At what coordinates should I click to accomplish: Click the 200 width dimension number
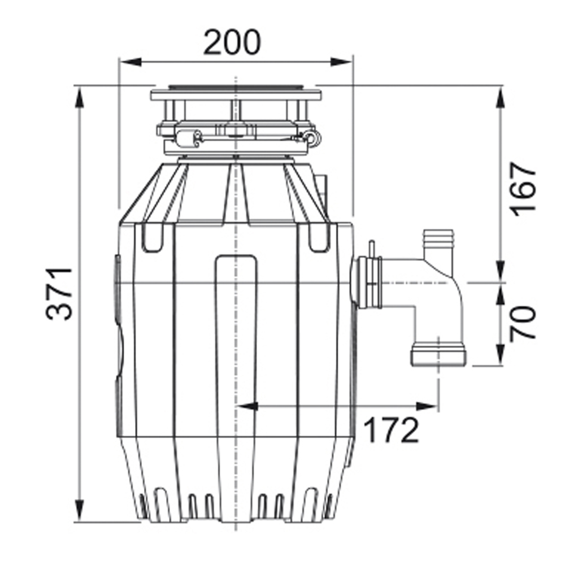coord(231,42)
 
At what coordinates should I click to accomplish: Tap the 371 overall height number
coord(59,293)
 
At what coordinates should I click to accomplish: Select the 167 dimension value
coord(524,189)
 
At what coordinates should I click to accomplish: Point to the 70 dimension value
coord(523,322)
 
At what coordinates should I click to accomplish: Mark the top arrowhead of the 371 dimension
coord(79,97)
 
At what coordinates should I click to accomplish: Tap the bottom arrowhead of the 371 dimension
coord(79,510)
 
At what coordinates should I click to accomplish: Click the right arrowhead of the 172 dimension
coord(427,406)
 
